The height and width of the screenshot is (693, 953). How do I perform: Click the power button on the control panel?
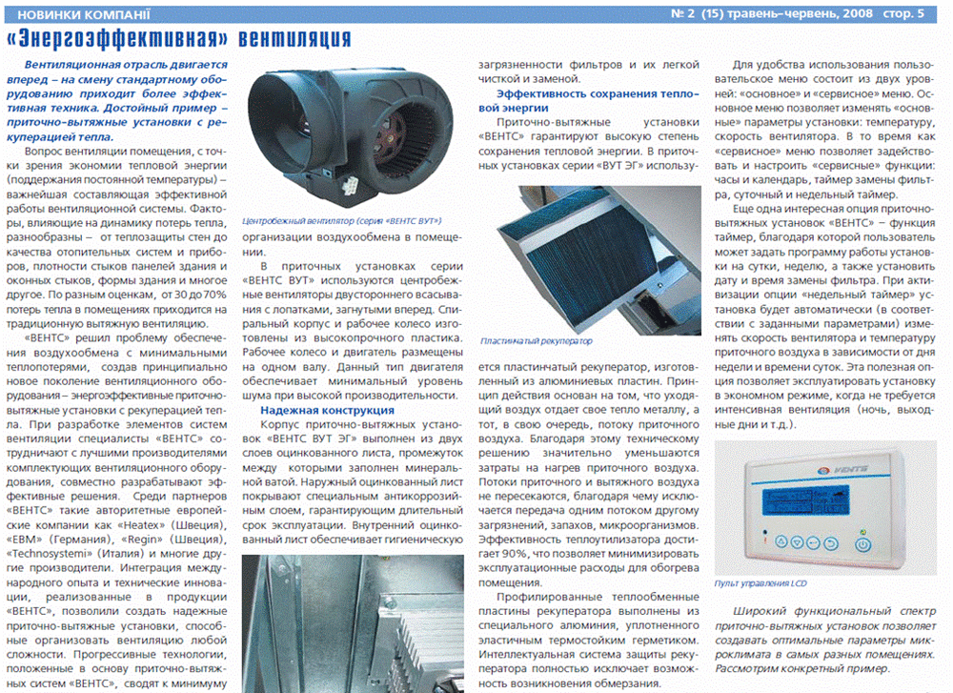point(863,544)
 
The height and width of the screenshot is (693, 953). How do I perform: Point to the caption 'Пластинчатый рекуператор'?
point(537,340)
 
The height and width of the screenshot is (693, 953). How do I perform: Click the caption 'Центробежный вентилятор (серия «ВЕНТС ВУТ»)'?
point(330,218)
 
